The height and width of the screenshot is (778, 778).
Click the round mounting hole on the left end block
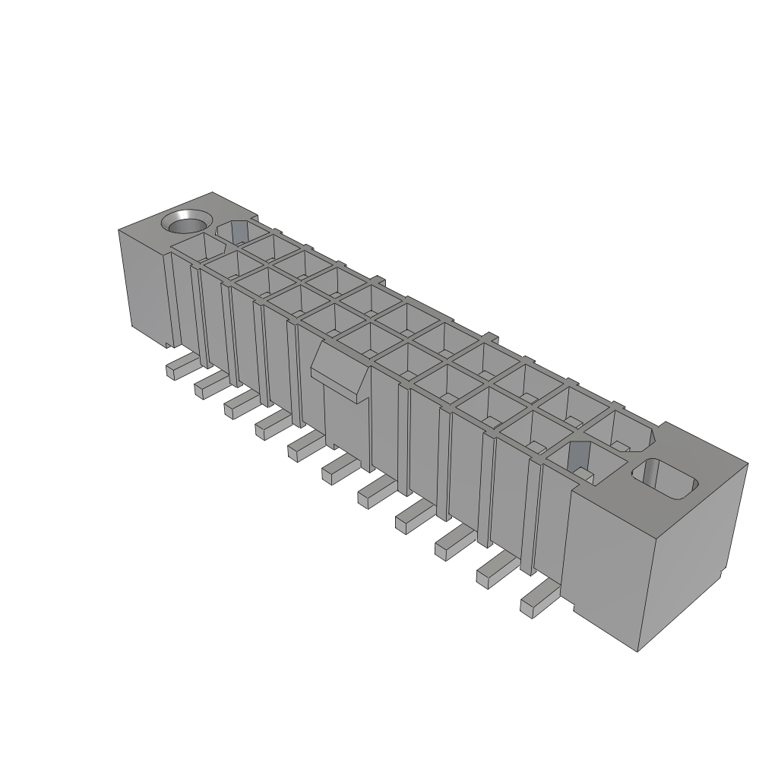coord(185,223)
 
